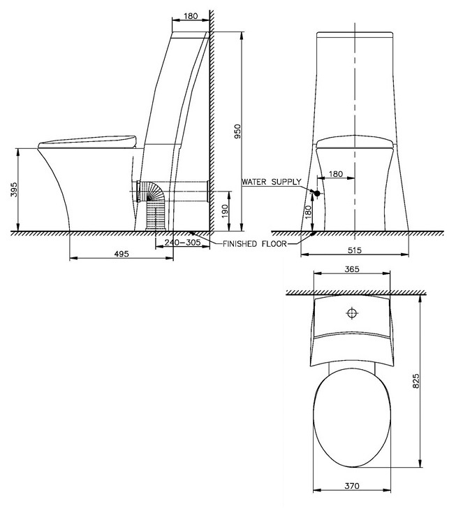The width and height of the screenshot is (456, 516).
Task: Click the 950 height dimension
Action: tap(237, 131)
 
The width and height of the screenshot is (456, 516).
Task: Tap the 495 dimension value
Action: tap(122, 254)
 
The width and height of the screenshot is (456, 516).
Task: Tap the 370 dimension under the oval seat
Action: tap(351, 485)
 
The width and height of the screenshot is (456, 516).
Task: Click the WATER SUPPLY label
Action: tap(271, 182)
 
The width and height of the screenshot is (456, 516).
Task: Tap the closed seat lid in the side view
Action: tap(87, 141)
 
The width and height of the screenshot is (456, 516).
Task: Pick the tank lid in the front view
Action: tap(356, 34)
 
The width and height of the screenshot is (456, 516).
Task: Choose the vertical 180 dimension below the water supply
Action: tap(308, 213)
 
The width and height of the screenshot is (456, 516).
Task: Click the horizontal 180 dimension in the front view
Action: tap(335, 174)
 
